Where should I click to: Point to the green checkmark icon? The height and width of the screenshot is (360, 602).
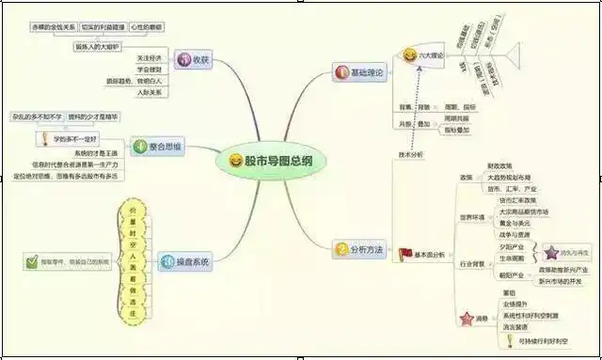(x=33, y=260)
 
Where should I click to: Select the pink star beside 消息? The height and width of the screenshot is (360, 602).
(x=466, y=321)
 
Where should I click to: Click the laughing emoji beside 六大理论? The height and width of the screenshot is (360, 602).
(x=410, y=56)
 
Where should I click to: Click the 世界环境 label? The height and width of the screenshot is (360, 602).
(x=471, y=214)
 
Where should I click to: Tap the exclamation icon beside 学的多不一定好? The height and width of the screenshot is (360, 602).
(x=43, y=139)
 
